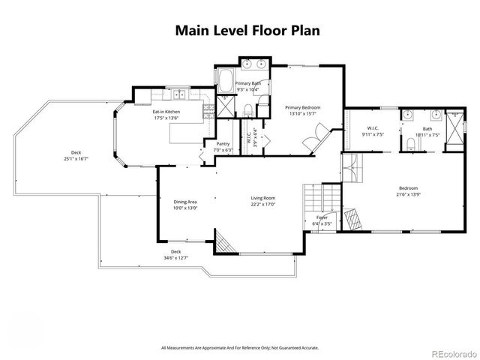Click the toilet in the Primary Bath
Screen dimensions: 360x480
click(x=247, y=112)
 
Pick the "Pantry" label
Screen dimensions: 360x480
click(x=223, y=144)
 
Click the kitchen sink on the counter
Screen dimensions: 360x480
click(x=180, y=94)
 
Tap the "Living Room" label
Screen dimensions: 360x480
click(x=264, y=198)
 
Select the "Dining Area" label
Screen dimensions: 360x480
click(x=185, y=202)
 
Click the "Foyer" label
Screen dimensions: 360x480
click(x=322, y=217)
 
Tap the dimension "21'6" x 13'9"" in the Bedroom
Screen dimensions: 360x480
click(x=408, y=194)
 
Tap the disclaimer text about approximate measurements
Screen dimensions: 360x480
click(x=239, y=347)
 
